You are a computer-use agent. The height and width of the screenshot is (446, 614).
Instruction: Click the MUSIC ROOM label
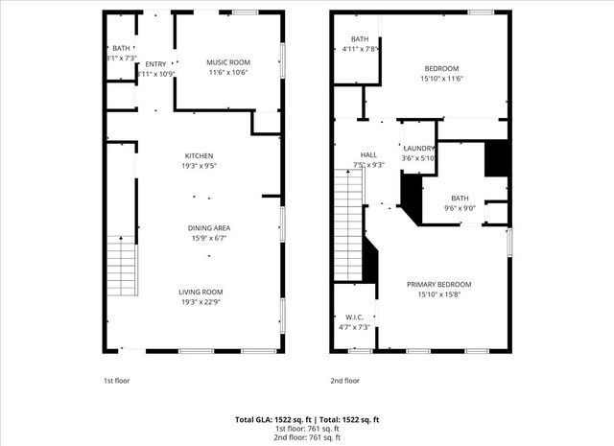coord(227,62)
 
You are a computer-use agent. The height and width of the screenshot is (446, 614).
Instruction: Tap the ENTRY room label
coord(155,64)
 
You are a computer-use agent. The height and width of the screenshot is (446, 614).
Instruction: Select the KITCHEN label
coord(199,155)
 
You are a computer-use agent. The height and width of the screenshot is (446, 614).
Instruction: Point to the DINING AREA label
coord(208,227)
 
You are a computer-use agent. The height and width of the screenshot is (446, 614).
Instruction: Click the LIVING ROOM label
coord(200,292)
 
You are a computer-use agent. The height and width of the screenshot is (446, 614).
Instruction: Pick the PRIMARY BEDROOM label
coord(438,284)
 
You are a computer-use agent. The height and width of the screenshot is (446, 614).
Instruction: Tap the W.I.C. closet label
coord(354,317)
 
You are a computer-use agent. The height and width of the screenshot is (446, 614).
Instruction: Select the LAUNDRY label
coord(419,148)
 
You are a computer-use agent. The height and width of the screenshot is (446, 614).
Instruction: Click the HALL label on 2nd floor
coord(368,154)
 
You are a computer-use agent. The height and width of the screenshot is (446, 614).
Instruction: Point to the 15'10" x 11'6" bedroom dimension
coord(441,78)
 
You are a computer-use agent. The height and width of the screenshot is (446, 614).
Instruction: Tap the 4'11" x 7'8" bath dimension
coord(359,48)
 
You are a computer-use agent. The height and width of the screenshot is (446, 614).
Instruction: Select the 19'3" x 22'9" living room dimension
coord(200,301)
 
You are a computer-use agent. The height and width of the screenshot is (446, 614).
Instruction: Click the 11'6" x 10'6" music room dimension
coord(227,72)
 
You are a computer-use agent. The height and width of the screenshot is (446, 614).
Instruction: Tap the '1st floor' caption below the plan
coord(117,380)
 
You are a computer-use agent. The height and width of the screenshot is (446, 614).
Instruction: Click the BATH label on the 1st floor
coord(121,48)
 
